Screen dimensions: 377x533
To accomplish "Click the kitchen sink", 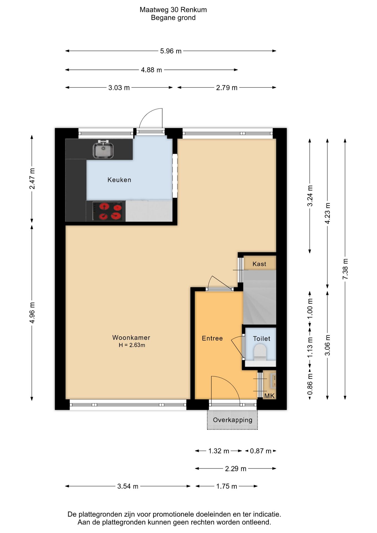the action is click(x=103, y=150).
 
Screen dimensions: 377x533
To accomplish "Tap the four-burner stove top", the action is click(x=107, y=211).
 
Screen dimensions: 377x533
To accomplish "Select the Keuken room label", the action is click(x=119, y=180).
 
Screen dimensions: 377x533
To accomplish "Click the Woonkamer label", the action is click(x=131, y=338).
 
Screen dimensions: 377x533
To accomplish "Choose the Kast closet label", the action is click(x=259, y=264).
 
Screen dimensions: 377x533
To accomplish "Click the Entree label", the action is click(x=212, y=338).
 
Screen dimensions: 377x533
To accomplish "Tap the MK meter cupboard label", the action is click(x=269, y=396).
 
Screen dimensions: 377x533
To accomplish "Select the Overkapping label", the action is click(x=233, y=420).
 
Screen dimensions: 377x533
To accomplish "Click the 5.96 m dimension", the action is click(x=171, y=51).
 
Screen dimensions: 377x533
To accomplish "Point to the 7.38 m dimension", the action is click(x=345, y=269).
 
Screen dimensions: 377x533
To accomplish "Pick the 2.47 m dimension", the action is click(x=32, y=179).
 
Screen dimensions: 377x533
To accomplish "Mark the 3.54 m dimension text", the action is click(x=128, y=486).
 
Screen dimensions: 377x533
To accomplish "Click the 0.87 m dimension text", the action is click(x=260, y=451).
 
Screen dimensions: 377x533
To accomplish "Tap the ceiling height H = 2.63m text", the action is click(x=132, y=345).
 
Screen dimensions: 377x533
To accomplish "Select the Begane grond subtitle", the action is click(x=173, y=18).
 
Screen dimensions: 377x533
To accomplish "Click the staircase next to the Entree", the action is click(x=260, y=297).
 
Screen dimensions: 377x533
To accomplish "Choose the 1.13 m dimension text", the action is click(x=310, y=347).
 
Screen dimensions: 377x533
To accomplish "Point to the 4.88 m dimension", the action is click(x=151, y=70).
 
